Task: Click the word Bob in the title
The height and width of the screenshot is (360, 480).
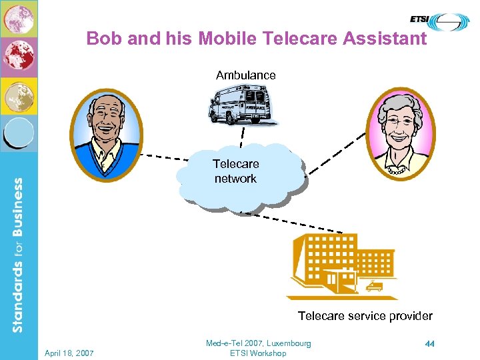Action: pyautogui.click(x=103, y=39)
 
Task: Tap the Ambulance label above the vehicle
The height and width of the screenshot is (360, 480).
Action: pyautogui.click(x=245, y=75)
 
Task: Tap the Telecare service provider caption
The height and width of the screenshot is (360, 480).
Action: pyautogui.click(x=365, y=316)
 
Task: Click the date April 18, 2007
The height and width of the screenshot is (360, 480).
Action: pyautogui.click(x=69, y=352)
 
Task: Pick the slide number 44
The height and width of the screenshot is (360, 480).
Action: pyautogui.click(x=429, y=344)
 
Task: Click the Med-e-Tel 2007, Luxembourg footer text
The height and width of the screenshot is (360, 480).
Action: pyautogui.click(x=258, y=343)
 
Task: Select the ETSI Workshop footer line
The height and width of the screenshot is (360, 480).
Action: pyautogui.click(x=258, y=353)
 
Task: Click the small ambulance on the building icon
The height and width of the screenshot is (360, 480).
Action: pyautogui.click(x=375, y=287)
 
